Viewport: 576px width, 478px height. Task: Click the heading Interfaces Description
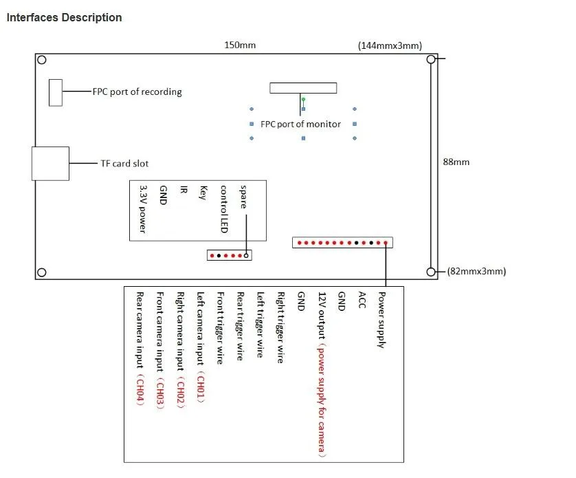pyautogui.click(x=64, y=18)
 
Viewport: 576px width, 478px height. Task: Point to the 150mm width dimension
pyautogui.click(x=240, y=45)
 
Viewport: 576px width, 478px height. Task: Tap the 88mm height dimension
pyautogui.click(x=456, y=162)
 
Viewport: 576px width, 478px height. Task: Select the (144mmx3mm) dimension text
pyautogui.click(x=390, y=45)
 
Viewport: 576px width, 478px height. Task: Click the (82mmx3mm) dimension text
pyautogui.click(x=476, y=271)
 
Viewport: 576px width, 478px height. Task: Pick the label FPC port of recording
pyautogui.click(x=137, y=91)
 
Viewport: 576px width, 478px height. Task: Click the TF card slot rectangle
pyautogui.click(x=50, y=163)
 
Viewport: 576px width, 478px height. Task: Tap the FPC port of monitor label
pyautogui.click(x=300, y=124)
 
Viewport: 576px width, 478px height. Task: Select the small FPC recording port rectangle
pyautogui.click(x=56, y=92)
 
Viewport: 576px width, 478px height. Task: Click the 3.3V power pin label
pyautogui.click(x=143, y=208)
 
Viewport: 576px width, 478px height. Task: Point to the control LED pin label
pyautogui.click(x=223, y=208)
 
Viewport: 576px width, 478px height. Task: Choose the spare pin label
pyautogui.click(x=243, y=195)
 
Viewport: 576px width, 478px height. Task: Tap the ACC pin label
pyautogui.click(x=362, y=300)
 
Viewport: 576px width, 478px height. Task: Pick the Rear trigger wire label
pyautogui.click(x=240, y=326)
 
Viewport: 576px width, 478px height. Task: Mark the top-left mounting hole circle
pyautogui.click(x=41, y=60)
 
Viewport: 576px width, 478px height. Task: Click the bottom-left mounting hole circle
pyautogui.click(x=41, y=272)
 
